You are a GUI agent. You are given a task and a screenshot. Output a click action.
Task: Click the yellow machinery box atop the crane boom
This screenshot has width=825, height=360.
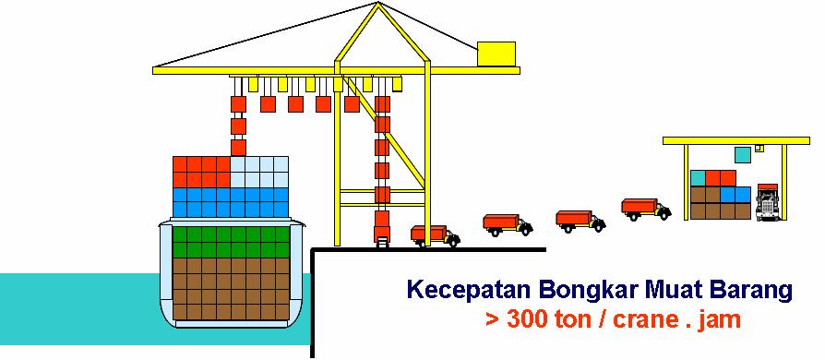pyautogui.click(x=496, y=54)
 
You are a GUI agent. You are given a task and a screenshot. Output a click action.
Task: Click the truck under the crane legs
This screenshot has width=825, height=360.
pyautogui.click(x=435, y=234)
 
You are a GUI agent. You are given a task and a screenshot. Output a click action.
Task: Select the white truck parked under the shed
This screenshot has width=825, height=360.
pyautogui.click(x=768, y=202)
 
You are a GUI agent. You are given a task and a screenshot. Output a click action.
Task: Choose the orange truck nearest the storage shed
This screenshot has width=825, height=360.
pyautogui.click(x=645, y=209)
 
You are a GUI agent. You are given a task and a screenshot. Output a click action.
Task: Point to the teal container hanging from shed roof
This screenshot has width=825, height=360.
pyautogui.click(x=743, y=154)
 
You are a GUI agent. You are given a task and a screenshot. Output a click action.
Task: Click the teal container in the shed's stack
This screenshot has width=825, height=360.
pyautogui.click(x=698, y=177)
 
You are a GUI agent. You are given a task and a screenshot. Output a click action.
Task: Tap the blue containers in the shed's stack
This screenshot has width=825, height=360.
pyautogui.click(x=735, y=194)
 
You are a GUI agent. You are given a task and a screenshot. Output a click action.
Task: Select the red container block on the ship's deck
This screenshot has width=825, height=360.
pyautogui.click(x=201, y=172)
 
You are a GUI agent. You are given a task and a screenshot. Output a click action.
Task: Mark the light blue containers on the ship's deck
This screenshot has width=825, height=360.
pyautogui.click(x=259, y=172)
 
